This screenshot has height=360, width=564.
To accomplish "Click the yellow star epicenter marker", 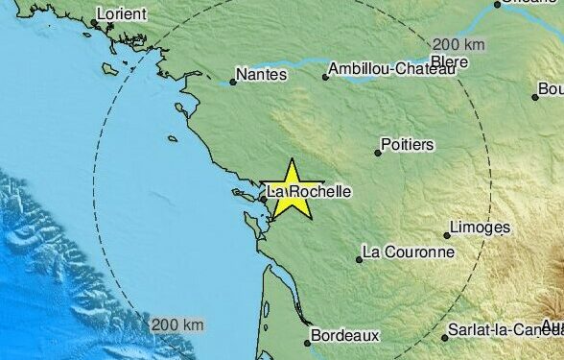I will click(292, 188).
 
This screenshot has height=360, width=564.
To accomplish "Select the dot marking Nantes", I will click(233, 82).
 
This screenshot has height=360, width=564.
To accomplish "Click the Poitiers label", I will click(407, 144).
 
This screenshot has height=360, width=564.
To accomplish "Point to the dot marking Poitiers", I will click(378, 152).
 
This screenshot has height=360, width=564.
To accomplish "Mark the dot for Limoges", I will click(447, 234).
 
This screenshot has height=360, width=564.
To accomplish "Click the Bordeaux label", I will click(346, 336).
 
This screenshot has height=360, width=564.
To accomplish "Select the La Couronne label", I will click(407, 253).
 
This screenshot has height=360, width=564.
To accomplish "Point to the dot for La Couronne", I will click(360, 259).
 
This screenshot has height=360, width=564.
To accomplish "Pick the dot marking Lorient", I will click(94, 23).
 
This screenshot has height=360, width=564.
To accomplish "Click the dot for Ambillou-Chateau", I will click(325, 77).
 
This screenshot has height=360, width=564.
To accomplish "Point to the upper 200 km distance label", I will click(458, 44).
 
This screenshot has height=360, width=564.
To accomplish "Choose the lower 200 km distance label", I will click(178, 324).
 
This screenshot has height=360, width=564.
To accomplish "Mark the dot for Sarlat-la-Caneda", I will click(446, 337).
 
